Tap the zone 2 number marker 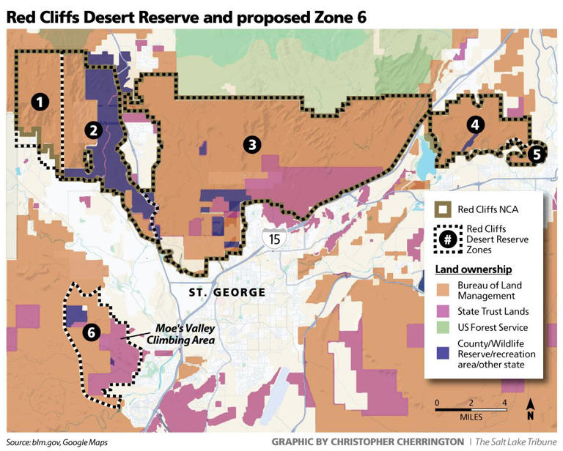92,130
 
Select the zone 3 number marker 251,144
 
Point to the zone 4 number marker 476,124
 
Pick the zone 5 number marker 536,154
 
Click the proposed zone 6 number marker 90,332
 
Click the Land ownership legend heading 474,269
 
